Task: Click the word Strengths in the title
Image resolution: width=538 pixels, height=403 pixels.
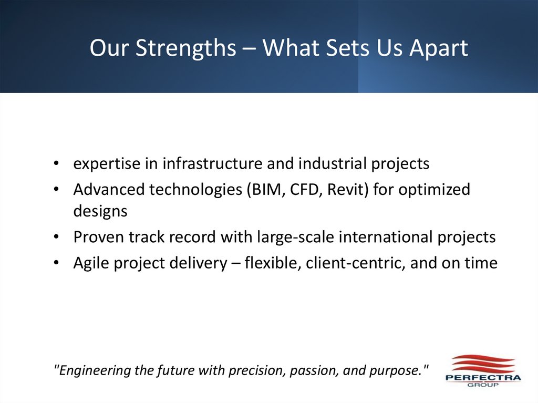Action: pyautogui.click(x=186, y=48)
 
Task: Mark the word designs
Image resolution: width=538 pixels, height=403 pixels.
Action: pyautogui.click(x=100, y=212)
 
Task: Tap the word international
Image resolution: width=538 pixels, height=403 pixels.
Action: pyautogui.click(x=386, y=237)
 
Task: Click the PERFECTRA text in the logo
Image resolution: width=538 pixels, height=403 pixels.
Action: pyautogui.click(x=483, y=378)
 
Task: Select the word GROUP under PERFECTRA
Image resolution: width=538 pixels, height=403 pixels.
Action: pyautogui.click(x=483, y=385)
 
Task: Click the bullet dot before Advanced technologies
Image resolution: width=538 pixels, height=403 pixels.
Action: pyautogui.click(x=56, y=190)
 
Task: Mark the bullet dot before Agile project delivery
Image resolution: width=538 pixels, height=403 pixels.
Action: pyautogui.click(x=56, y=263)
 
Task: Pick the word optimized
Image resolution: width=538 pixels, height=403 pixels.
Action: pyautogui.click(x=434, y=189)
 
